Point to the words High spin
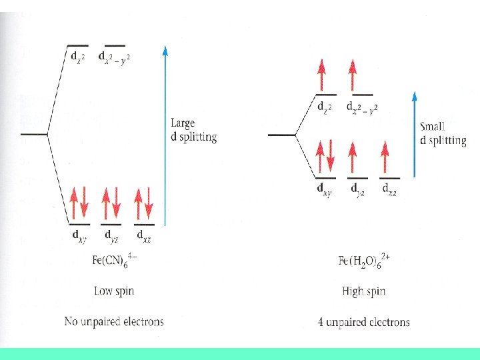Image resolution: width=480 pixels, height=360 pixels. (x=363, y=291)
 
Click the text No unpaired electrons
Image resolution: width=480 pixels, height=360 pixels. (x=113, y=321)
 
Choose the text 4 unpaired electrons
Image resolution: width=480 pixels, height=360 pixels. (x=364, y=322)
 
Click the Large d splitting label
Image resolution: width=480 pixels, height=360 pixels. (x=193, y=130)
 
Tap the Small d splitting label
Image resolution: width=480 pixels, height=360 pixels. (x=443, y=133)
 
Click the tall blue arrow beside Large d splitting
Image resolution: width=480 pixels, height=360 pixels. (x=165, y=133)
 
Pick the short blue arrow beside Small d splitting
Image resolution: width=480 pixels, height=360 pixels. (x=415, y=133)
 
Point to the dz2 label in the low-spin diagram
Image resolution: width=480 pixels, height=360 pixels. (x=78, y=57)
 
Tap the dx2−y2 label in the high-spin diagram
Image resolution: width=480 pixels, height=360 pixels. (x=362, y=106)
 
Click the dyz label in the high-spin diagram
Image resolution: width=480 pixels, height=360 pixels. (x=358, y=189)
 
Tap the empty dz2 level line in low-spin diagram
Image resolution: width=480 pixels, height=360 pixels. (x=78, y=45)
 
